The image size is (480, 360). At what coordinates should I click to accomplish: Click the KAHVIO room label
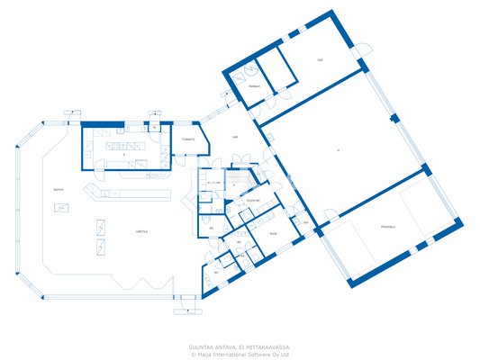pyautogui.click(x=58, y=190)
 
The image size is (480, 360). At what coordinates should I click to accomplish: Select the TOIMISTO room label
pyautogui.click(x=188, y=139)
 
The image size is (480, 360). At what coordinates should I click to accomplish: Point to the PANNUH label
pyautogui.click(x=255, y=87)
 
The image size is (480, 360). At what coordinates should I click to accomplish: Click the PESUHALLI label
pyautogui.click(x=388, y=226)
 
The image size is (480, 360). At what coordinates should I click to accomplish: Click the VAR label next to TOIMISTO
pyautogui.click(x=235, y=138)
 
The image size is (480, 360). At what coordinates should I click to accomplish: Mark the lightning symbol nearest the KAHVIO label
pyautogui.click(x=61, y=208)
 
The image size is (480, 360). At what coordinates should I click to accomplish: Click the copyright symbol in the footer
pyautogui.click(x=193, y=354)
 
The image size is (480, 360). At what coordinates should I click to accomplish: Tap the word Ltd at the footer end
pyautogui.click(x=285, y=354)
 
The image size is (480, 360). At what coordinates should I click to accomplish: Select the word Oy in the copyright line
pyautogui.click(x=277, y=354)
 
